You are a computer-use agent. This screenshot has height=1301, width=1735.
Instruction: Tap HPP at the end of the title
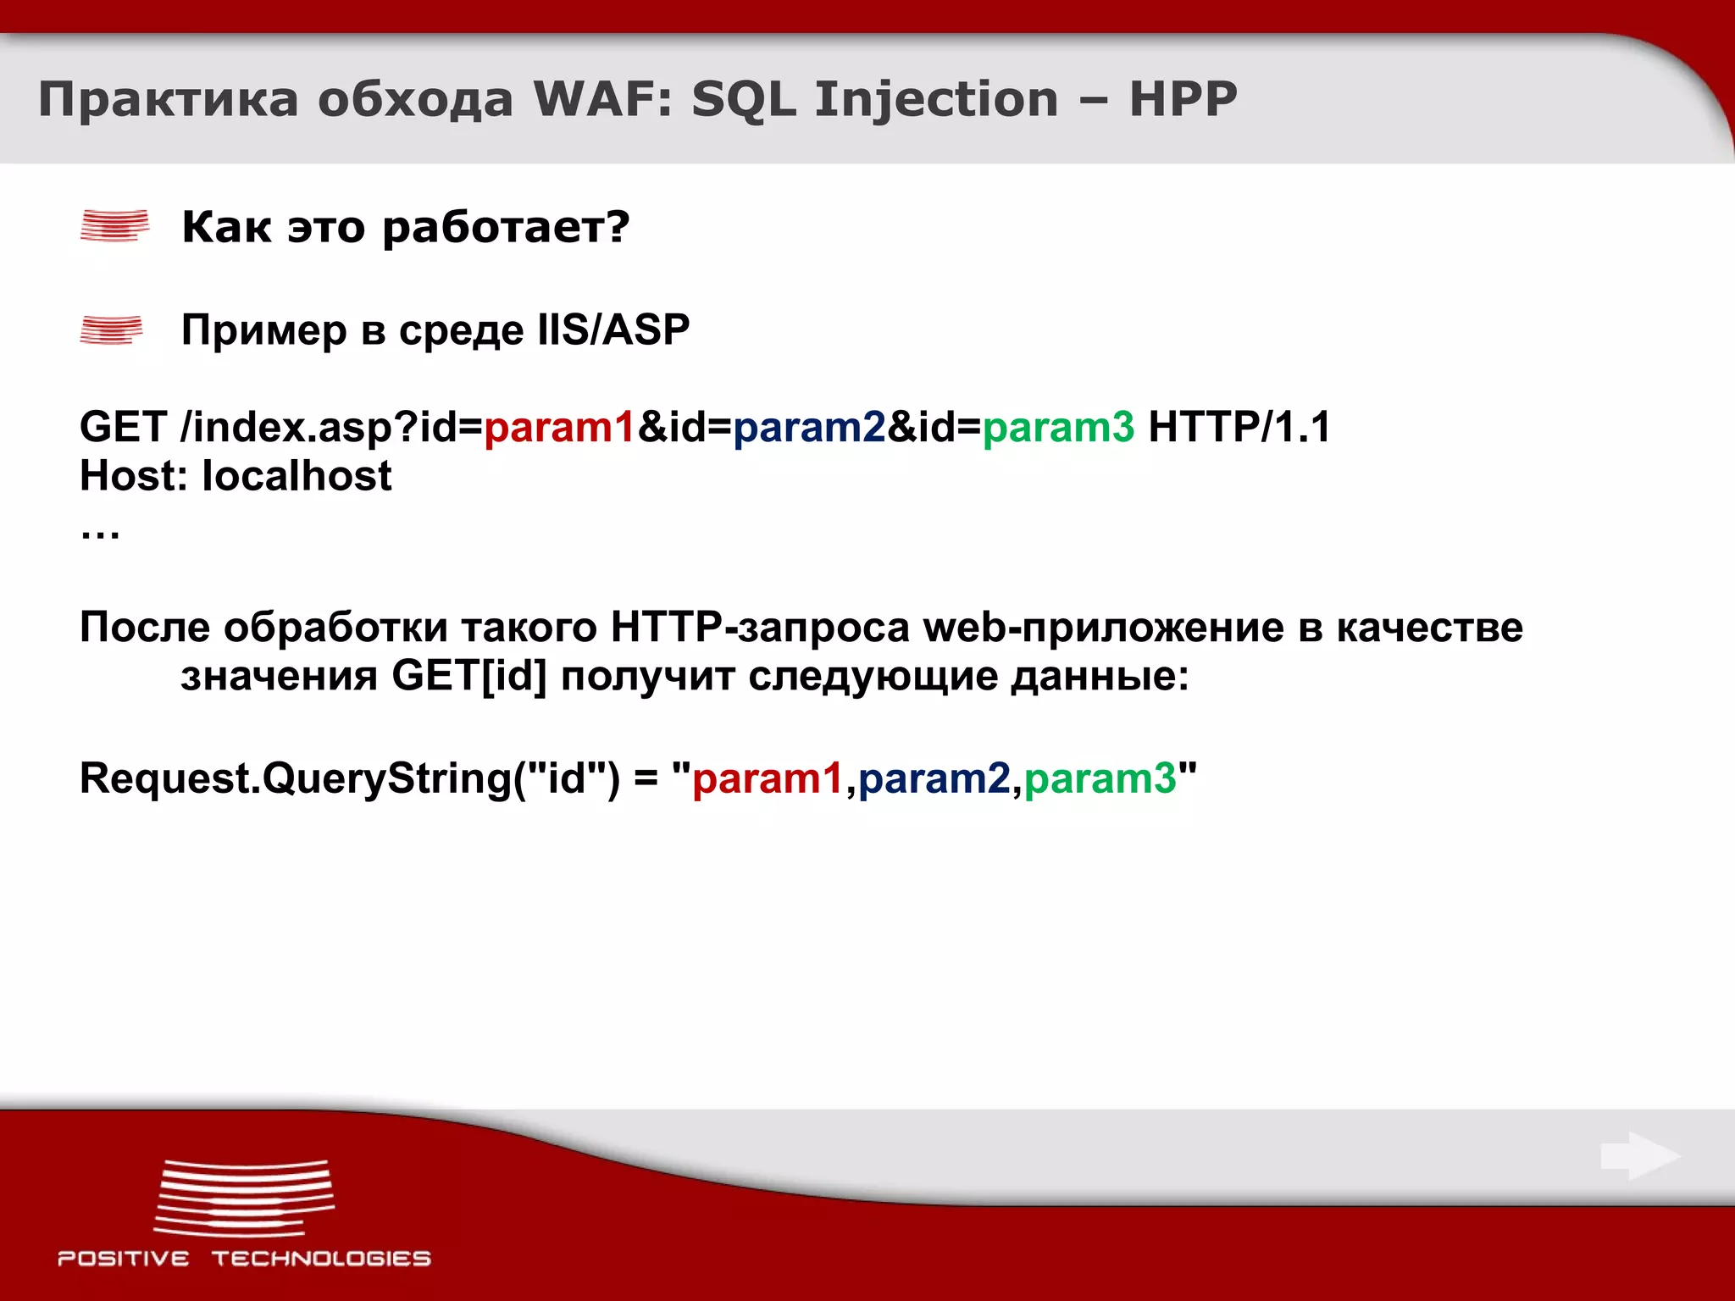point(1183,99)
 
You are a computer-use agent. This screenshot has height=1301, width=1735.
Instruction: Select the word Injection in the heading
point(936,99)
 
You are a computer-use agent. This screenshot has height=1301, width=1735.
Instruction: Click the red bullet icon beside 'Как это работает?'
point(114,225)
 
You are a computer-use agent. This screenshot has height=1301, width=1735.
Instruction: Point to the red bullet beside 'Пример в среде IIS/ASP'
point(112,329)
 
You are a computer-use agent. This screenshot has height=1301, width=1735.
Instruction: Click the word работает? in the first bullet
point(506,227)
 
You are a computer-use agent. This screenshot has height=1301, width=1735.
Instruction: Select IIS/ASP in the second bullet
point(613,329)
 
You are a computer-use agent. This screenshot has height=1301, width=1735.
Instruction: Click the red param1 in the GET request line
point(559,427)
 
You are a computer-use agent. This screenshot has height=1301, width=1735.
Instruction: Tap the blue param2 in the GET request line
point(809,427)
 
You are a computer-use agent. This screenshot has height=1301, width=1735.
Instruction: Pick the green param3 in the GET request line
point(1058,427)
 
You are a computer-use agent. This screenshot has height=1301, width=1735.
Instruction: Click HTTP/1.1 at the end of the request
point(1239,427)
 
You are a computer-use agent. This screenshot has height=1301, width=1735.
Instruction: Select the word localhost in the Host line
point(297,476)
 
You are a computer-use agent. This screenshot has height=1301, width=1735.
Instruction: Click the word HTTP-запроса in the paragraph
point(760,628)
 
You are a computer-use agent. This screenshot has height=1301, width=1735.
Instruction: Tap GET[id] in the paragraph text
point(469,677)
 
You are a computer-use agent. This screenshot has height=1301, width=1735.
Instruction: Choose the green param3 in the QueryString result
point(1100,778)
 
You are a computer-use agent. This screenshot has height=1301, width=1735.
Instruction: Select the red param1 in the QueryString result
point(768,778)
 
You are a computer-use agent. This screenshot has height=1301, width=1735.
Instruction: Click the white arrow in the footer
point(1639,1156)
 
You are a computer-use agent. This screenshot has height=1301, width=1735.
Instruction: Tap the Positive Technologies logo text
point(244,1259)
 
